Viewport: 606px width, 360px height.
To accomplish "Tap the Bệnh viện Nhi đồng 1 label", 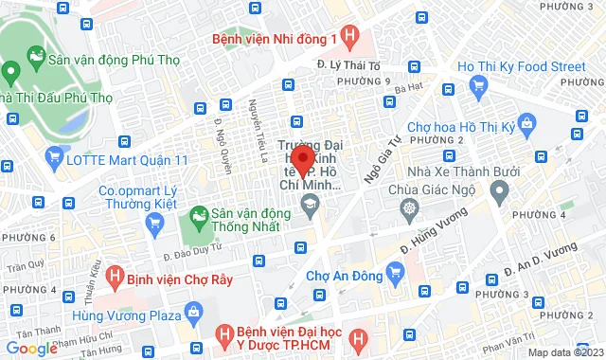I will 273,39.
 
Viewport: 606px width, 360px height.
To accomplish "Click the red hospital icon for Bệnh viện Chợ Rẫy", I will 115,278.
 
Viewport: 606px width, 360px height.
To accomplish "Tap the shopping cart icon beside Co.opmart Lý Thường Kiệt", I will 156,222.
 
